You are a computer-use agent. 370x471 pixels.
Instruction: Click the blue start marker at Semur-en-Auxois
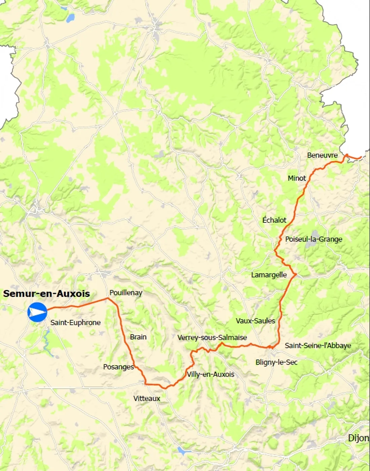(37, 312)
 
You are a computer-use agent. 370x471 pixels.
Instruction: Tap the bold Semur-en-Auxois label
(46, 294)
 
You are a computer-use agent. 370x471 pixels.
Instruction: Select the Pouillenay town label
(126, 293)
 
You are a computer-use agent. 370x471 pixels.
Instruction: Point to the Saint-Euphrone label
(75, 323)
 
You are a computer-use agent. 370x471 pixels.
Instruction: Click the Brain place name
(138, 337)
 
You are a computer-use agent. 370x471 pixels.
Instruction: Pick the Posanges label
(118, 367)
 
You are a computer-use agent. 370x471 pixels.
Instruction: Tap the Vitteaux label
(147, 398)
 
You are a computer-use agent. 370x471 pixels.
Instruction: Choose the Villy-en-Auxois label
(211, 374)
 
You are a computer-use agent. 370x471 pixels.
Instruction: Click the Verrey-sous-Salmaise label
(212, 337)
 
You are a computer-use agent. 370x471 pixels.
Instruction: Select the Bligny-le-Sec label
(276, 362)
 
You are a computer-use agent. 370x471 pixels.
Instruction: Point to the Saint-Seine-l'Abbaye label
(318, 345)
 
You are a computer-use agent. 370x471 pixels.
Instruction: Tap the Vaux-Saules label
(255, 321)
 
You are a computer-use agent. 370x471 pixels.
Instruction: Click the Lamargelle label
(269, 275)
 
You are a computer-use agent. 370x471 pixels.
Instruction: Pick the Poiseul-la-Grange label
(313, 239)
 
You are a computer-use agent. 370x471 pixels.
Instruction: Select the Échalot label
(274, 220)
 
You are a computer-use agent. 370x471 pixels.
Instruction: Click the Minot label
(297, 178)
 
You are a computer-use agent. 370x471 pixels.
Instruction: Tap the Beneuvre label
(322, 155)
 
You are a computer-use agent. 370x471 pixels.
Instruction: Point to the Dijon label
(359, 438)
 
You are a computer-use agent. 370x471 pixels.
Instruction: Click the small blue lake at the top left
(70, 18)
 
